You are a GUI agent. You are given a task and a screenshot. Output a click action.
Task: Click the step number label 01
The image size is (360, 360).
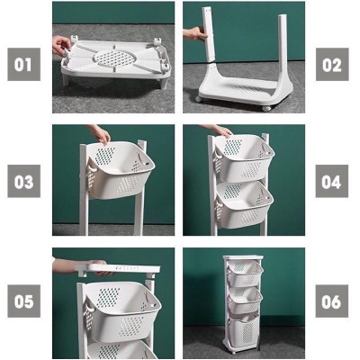[23, 65]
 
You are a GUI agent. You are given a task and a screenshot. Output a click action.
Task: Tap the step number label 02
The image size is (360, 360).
[332, 65]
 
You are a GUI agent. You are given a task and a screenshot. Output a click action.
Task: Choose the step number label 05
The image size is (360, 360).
[23, 301]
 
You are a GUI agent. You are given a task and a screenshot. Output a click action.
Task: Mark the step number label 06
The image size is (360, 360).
[332, 301]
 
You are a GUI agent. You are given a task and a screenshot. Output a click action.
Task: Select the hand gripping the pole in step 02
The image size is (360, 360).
[193, 33]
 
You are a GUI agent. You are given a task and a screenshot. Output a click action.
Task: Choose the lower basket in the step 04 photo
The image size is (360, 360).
[244, 204]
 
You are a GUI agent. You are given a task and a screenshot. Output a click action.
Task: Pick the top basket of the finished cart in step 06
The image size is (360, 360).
[245, 274]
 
